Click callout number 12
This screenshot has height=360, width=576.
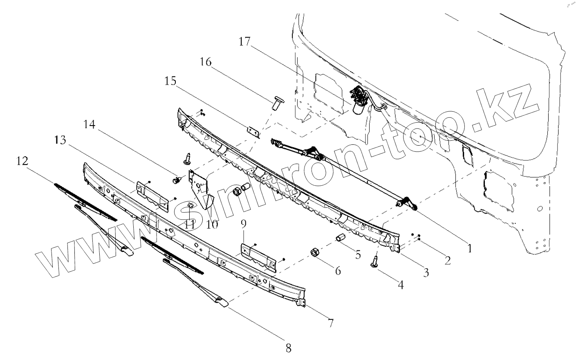click(22, 161)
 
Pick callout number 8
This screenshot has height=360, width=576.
click(288, 349)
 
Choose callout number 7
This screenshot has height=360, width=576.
click(330, 323)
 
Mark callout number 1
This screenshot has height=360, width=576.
click(469, 248)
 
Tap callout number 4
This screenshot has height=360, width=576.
click(401, 285)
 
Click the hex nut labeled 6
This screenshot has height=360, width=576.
click(315, 253)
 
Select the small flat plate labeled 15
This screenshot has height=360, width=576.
click(253, 133)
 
